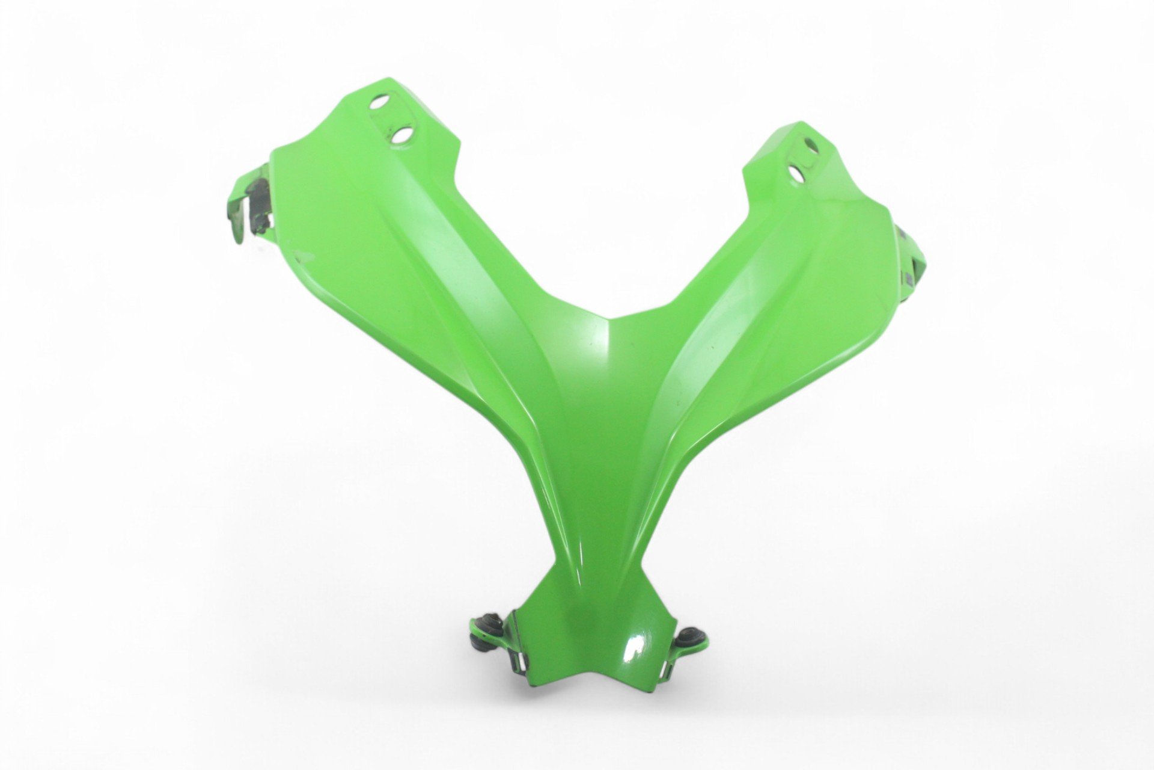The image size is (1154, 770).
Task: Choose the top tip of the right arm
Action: point(799,123)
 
